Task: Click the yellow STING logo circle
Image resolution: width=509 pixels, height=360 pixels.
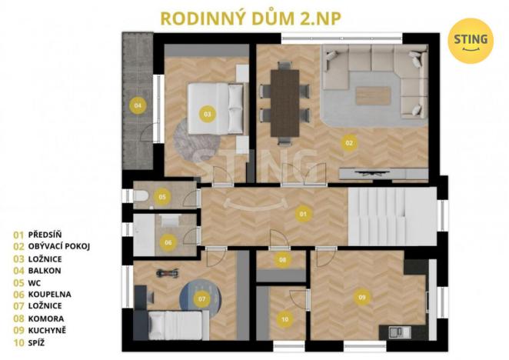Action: coord(471,40)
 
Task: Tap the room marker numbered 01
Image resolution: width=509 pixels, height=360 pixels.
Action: coord(304,213)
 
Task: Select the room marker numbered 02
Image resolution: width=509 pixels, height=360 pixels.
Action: coord(348,142)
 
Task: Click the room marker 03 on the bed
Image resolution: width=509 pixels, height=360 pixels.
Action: coord(207,113)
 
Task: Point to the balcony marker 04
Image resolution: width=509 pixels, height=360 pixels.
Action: coord(138,105)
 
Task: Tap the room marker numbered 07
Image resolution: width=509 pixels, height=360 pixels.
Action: coord(202,298)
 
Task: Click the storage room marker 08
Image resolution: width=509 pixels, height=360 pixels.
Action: coord(283,259)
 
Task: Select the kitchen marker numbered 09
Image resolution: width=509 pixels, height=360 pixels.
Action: coord(361,295)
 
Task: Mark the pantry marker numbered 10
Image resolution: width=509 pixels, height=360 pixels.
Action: coord(284,318)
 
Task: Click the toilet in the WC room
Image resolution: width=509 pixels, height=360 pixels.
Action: coord(141,197)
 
